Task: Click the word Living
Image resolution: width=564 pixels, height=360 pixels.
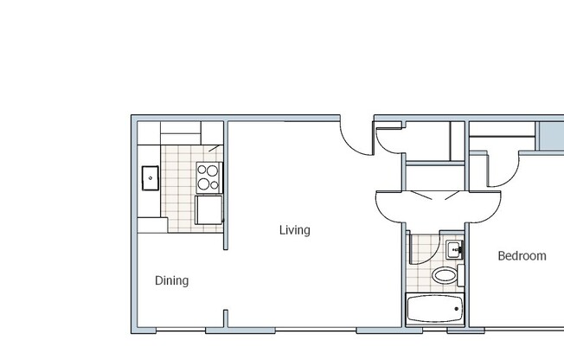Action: coord(294,230)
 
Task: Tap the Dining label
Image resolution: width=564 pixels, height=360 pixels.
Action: coord(171,280)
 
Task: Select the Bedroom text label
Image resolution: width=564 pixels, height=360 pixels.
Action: coord(522,256)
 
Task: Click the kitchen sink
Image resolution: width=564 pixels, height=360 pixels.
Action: coord(151,177)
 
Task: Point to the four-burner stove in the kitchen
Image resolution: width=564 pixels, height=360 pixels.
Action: coord(208,177)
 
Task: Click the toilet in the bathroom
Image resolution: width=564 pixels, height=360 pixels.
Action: coord(445,276)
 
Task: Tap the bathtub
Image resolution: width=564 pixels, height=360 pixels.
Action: coord(435,309)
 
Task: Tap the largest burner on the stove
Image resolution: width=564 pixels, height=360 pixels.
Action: coord(204,183)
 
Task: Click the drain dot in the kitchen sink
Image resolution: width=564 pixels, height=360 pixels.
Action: coord(151,177)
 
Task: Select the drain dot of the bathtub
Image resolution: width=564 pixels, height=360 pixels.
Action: coord(457,309)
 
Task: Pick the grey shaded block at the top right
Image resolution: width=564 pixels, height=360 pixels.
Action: coord(550,136)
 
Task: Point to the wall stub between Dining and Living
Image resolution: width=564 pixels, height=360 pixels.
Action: coord(227,318)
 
